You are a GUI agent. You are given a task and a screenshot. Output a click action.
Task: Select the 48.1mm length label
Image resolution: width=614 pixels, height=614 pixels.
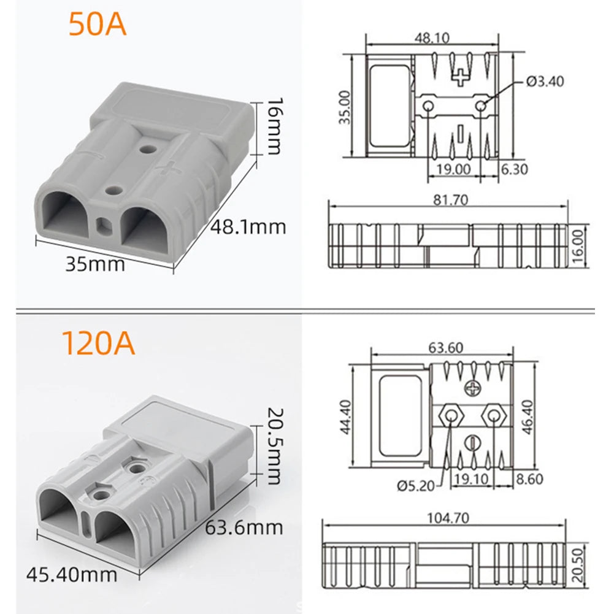click(x=248, y=226)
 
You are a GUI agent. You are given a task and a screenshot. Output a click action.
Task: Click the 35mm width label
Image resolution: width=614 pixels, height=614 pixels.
click(x=95, y=264)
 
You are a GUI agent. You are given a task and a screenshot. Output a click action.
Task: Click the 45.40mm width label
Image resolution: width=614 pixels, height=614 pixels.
click(x=72, y=575)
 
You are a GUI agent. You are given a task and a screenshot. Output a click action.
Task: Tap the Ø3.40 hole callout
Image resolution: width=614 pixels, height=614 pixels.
click(x=545, y=80)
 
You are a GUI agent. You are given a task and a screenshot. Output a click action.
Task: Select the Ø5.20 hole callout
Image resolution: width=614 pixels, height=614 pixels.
click(x=415, y=486)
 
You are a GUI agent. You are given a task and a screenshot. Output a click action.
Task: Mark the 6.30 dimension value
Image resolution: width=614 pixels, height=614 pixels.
click(x=514, y=169)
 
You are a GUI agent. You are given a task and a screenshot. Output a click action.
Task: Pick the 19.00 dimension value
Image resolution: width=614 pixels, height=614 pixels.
click(x=453, y=169)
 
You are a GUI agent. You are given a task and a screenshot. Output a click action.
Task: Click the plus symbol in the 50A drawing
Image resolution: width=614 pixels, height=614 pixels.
click(x=460, y=77)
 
